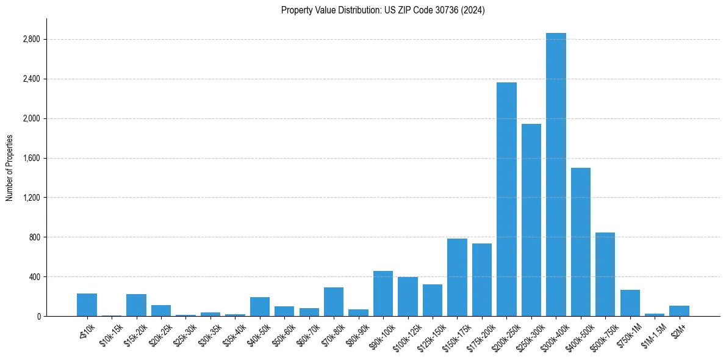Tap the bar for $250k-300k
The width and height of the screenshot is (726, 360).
click(x=531, y=220)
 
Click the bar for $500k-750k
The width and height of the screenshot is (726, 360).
click(x=605, y=274)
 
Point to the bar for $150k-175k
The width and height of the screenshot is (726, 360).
click(x=457, y=277)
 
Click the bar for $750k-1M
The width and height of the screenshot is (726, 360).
click(x=630, y=303)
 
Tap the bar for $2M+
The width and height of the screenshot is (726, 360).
click(x=679, y=311)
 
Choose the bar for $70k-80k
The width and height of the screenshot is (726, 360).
click(x=334, y=301)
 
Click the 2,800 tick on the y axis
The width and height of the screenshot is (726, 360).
click(x=31, y=40)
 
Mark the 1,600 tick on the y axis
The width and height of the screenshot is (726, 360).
click(x=31, y=159)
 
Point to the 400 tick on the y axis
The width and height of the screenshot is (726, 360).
click(x=34, y=277)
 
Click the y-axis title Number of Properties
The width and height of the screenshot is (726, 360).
click(x=9, y=168)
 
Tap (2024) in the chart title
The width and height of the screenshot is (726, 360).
click(x=473, y=10)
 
